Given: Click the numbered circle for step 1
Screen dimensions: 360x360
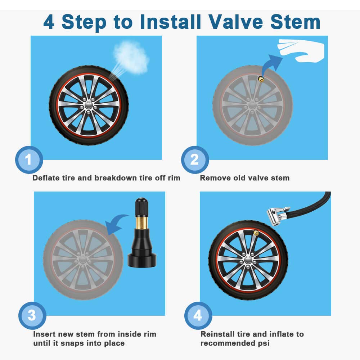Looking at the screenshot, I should (29, 160).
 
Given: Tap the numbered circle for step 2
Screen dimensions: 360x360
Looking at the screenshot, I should (195, 160).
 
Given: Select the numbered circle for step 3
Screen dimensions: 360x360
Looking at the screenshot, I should (32, 316).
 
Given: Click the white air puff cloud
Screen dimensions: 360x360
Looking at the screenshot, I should (131, 57).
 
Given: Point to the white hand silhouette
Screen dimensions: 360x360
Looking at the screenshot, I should (302, 51).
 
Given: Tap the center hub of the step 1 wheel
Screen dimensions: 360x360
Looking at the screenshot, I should (89, 105).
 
